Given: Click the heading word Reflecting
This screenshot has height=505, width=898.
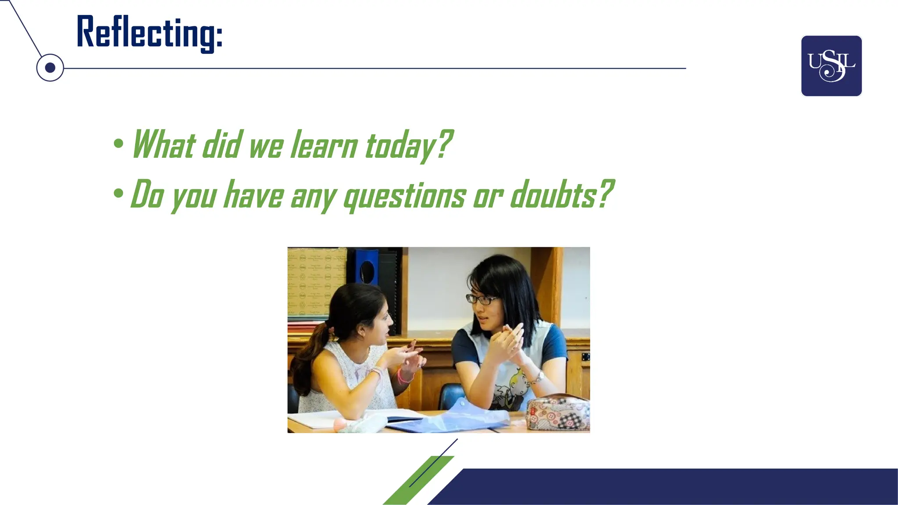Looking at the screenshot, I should pos(149,33).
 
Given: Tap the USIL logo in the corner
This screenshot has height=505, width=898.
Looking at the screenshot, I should pos(831,66).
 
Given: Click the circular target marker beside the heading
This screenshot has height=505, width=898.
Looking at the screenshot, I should pos(50,68).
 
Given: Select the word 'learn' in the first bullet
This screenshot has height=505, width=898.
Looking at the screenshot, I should pos(324,145).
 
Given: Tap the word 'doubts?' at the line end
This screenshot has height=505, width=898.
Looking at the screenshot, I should pos(562,195).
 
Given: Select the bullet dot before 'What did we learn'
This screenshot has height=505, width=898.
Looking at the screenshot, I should pos(118,143).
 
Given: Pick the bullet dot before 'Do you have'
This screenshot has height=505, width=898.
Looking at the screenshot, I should pos(118,193).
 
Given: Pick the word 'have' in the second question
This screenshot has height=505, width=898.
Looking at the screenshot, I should pos(254,196).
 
